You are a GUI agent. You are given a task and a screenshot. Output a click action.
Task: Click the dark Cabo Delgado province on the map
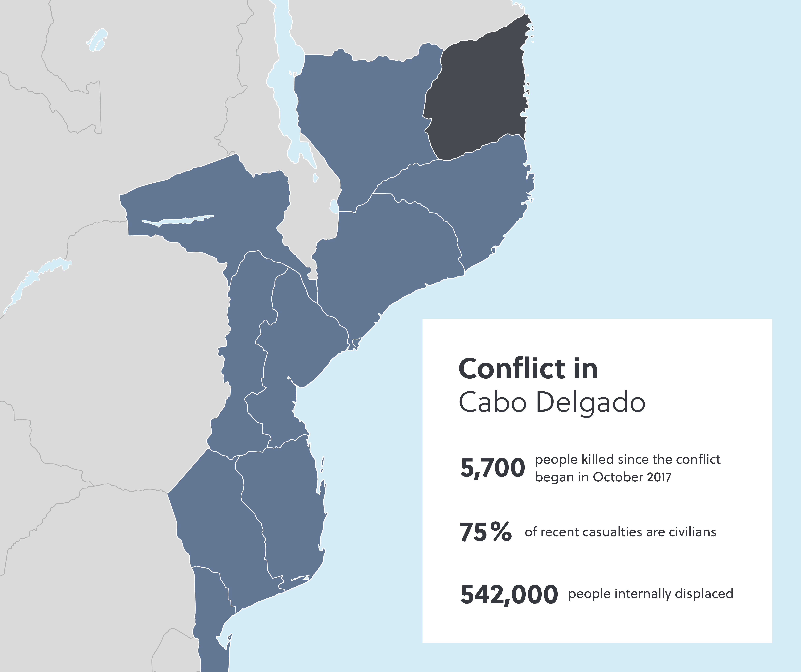tap(477, 95)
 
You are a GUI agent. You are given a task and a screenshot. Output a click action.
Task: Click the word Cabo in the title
tap(492, 403)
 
